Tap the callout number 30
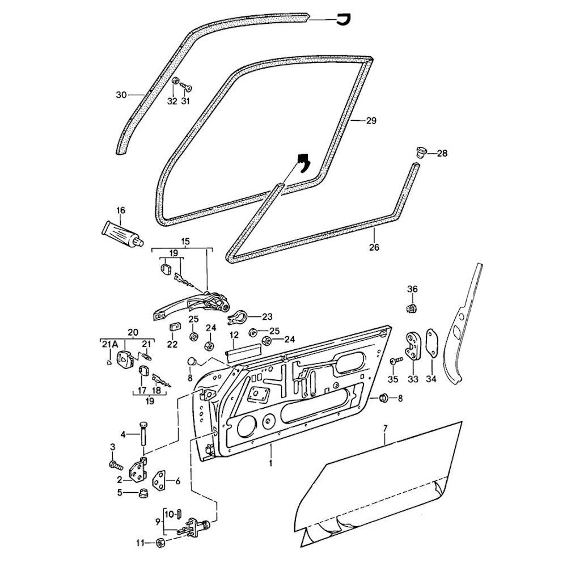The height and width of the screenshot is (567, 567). [x=120, y=95]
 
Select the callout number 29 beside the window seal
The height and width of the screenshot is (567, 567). [x=371, y=121]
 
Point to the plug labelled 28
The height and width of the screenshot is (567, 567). [x=420, y=151]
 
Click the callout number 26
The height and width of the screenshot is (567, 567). [x=374, y=247]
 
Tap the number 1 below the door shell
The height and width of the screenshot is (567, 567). [x=271, y=463]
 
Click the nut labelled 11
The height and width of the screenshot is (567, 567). [x=159, y=543]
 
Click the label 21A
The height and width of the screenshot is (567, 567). [x=109, y=344]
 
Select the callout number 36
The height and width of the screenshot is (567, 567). [x=412, y=289]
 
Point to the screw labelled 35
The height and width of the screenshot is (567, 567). [x=396, y=361]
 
